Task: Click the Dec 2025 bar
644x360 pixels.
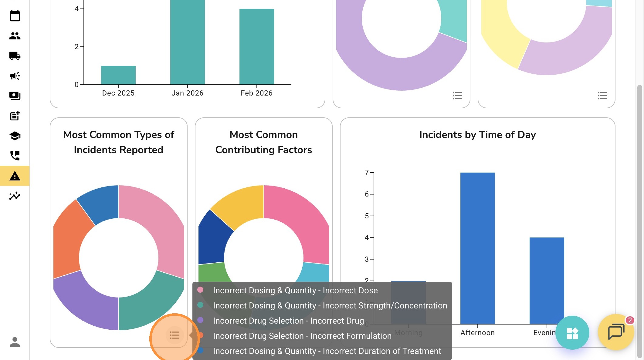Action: point(118,75)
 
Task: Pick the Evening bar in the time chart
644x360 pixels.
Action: point(547,273)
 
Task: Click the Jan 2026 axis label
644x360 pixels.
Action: point(187,93)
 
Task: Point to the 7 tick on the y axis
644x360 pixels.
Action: point(367,173)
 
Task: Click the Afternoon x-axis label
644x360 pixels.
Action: point(477,333)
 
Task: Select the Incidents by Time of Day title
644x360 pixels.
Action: point(477,135)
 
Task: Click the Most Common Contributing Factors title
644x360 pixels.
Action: point(263,142)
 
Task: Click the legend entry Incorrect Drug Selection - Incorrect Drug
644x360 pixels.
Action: point(288,321)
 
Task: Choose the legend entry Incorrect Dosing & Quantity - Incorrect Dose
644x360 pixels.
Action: point(295,290)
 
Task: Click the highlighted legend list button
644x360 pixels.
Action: point(175,335)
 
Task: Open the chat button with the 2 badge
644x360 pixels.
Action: point(616,332)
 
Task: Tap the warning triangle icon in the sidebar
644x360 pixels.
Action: point(15,176)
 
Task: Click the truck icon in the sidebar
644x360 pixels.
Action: point(15,56)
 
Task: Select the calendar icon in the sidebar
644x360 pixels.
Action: point(15,16)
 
